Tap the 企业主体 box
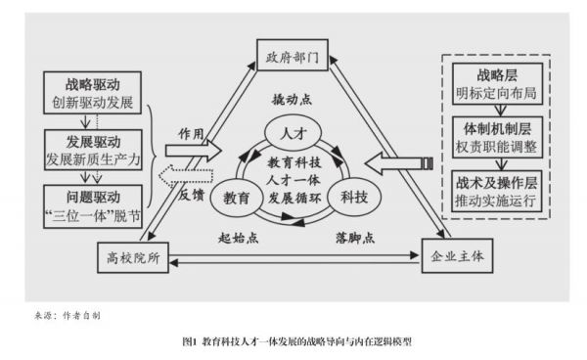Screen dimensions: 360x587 [458, 258]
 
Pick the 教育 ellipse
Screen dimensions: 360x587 [237, 196]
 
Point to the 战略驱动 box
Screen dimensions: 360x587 [95, 92]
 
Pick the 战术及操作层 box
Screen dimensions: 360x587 [490, 190]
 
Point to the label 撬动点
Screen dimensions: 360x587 [292, 100]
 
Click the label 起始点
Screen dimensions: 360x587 [236, 238]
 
